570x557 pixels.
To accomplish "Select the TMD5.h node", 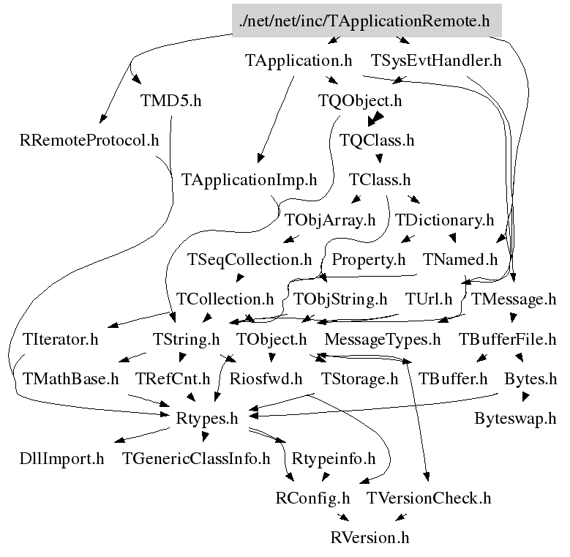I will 170,100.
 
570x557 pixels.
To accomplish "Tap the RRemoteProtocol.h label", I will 89,140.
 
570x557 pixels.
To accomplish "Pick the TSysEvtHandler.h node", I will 436,61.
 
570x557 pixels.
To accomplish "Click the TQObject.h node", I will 360,100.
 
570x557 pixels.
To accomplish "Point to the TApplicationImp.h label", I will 249,179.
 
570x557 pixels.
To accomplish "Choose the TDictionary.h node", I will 445,219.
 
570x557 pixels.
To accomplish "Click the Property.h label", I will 368,259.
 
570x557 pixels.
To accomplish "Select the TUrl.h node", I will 429,299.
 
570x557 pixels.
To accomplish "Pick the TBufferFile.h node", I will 508,339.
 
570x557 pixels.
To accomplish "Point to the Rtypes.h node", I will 208,419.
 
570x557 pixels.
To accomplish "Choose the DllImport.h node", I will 61,459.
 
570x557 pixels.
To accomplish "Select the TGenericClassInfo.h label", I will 196,459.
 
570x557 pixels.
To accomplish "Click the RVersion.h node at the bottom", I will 370,538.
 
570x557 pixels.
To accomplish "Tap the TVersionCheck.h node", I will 429,498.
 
